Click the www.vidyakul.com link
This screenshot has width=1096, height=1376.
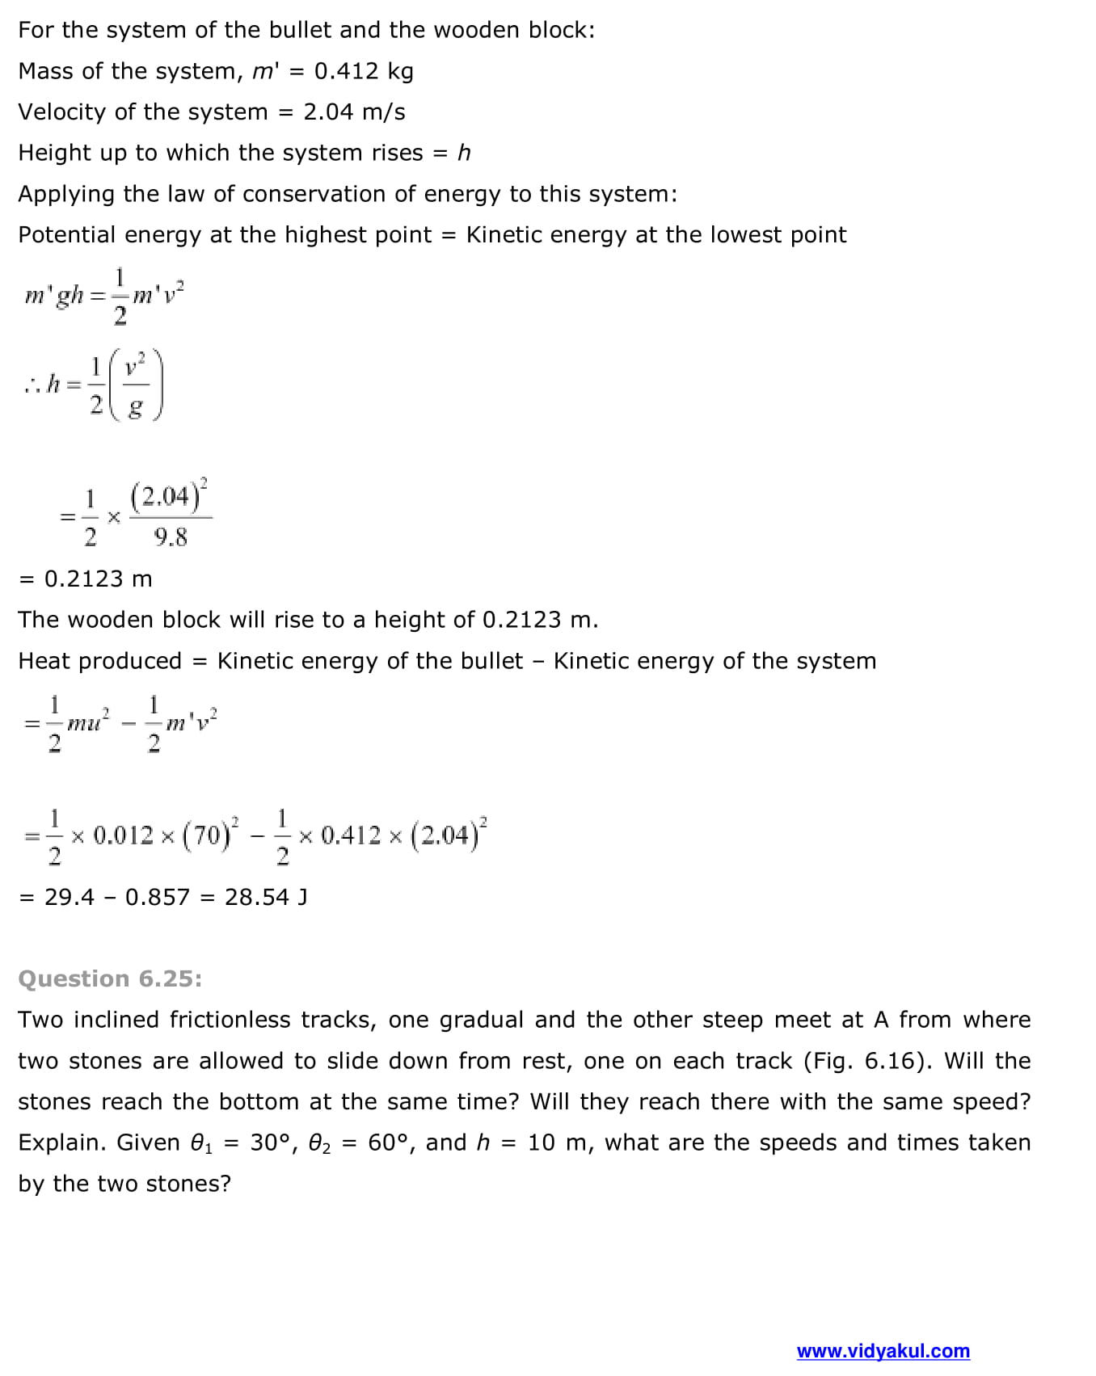[883, 1351]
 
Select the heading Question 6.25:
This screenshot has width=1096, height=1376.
[110, 978]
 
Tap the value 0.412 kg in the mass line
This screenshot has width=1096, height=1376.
[364, 71]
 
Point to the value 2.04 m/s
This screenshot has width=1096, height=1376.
[354, 112]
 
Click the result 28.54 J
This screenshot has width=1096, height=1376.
[266, 897]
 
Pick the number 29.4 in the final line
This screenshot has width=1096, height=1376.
[69, 897]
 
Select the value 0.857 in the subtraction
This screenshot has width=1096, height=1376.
[158, 897]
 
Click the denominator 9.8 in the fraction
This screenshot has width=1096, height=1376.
[171, 537]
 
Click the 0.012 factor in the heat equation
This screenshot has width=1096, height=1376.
[123, 835]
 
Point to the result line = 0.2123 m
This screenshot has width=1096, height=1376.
[86, 579]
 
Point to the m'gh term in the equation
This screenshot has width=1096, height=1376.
[54, 295]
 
